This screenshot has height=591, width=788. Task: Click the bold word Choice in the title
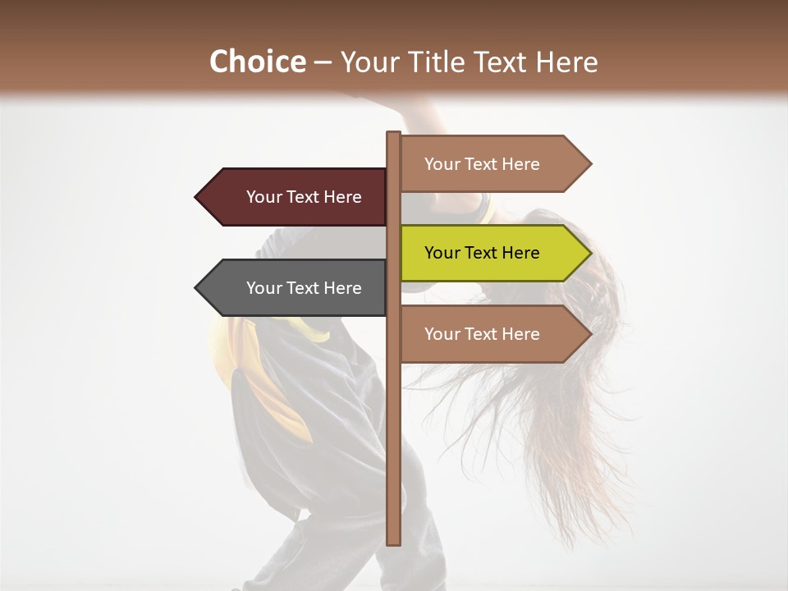pyautogui.click(x=257, y=62)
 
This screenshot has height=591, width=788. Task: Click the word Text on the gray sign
pyautogui.click(x=304, y=288)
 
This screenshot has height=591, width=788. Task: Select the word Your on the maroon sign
pyautogui.click(x=263, y=197)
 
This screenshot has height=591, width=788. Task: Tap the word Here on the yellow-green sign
pyautogui.click(x=520, y=253)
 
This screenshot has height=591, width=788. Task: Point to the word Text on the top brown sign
pyautogui.click(x=482, y=164)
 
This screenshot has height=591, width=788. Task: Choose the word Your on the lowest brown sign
pyautogui.click(x=442, y=334)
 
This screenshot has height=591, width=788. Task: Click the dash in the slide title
pyautogui.click(x=323, y=62)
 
